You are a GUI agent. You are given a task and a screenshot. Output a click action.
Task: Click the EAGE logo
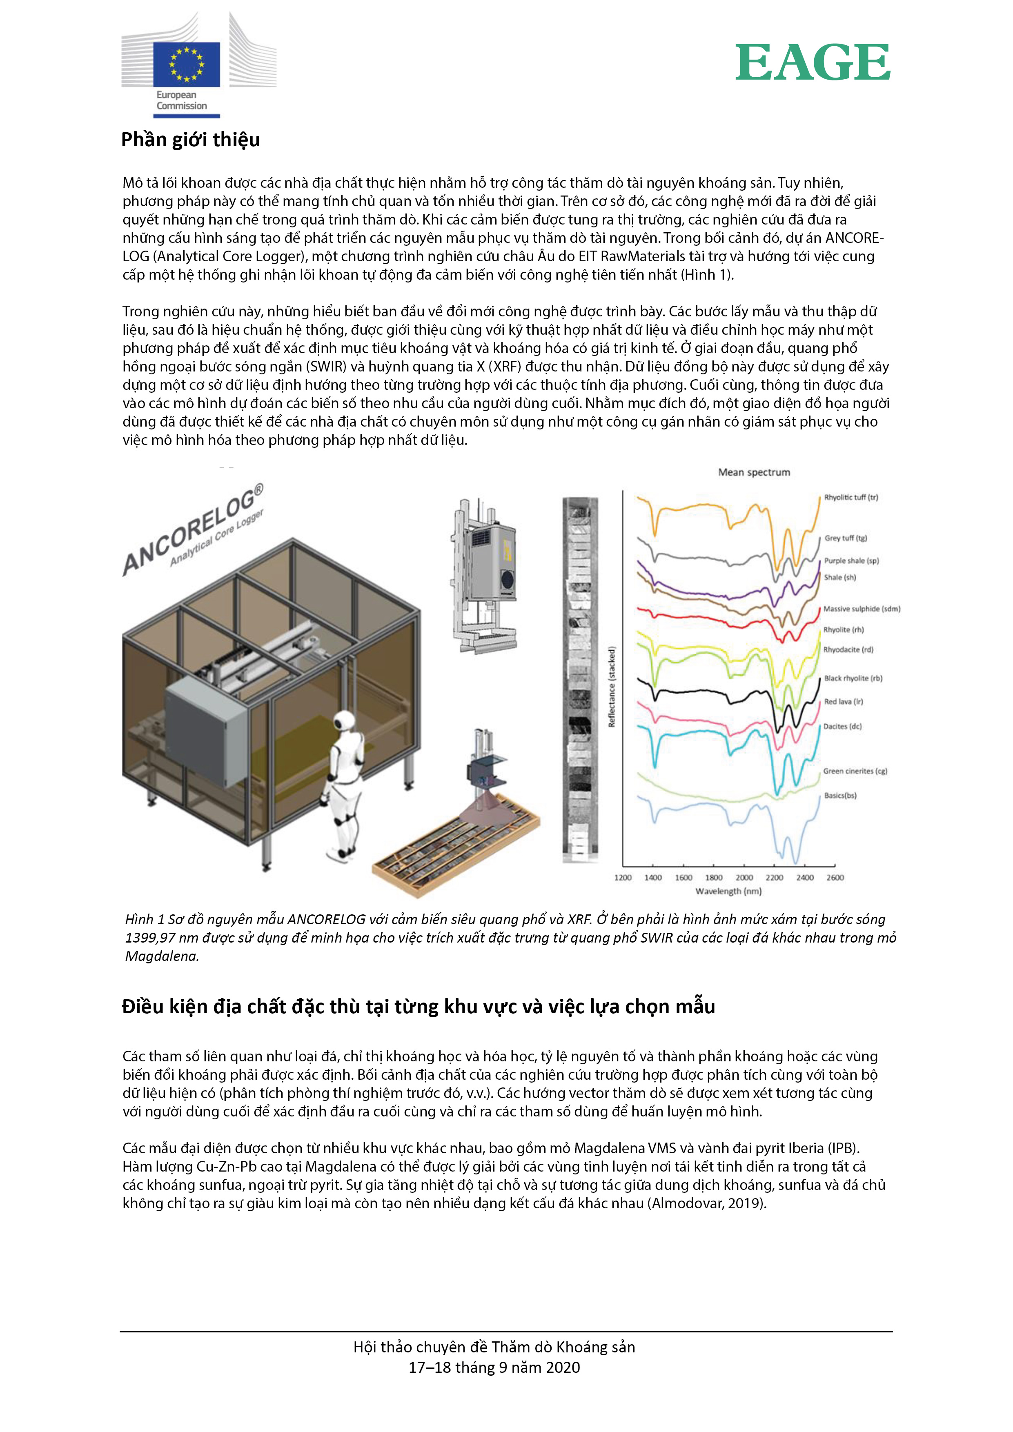[x=812, y=62]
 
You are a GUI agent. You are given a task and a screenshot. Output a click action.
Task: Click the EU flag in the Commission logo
[x=187, y=64]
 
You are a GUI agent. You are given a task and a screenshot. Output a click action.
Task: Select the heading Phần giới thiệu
[x=190, y=140]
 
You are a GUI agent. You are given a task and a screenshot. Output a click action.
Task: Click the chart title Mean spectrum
[x=753, y=472]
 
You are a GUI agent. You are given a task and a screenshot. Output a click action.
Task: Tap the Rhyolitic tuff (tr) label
[x=851, y=497]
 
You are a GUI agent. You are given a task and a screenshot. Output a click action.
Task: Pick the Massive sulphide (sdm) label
[x=862, y=609]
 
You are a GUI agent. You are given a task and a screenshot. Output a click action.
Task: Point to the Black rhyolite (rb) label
[x=853, y=678]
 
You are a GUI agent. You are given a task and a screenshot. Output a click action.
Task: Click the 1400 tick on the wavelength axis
[x=652, y=878]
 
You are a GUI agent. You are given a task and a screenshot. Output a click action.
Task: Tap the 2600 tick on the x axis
[x=835, y=878]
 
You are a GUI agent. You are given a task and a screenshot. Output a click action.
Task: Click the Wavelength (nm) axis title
[x=728, y=891]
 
